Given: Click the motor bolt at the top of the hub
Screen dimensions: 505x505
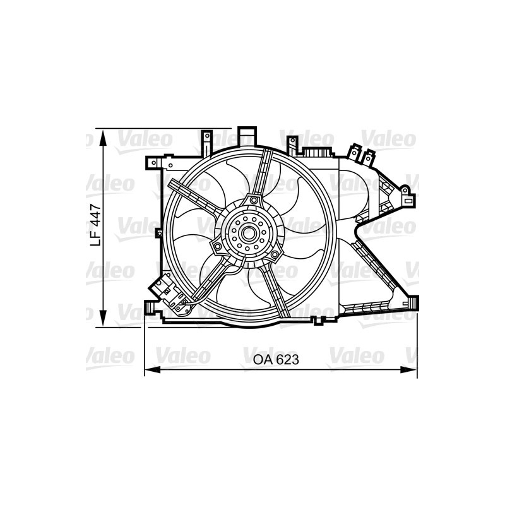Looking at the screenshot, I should point(254,201).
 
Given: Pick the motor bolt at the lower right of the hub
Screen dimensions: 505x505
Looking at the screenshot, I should point(275,254).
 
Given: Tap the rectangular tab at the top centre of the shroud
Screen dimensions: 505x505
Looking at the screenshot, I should point(247,136).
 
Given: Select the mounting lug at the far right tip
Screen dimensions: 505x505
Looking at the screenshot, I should point(410,201).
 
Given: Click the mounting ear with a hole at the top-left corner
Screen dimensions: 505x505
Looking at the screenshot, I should point(151,163).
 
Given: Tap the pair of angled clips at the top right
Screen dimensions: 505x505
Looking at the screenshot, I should point(359,154).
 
